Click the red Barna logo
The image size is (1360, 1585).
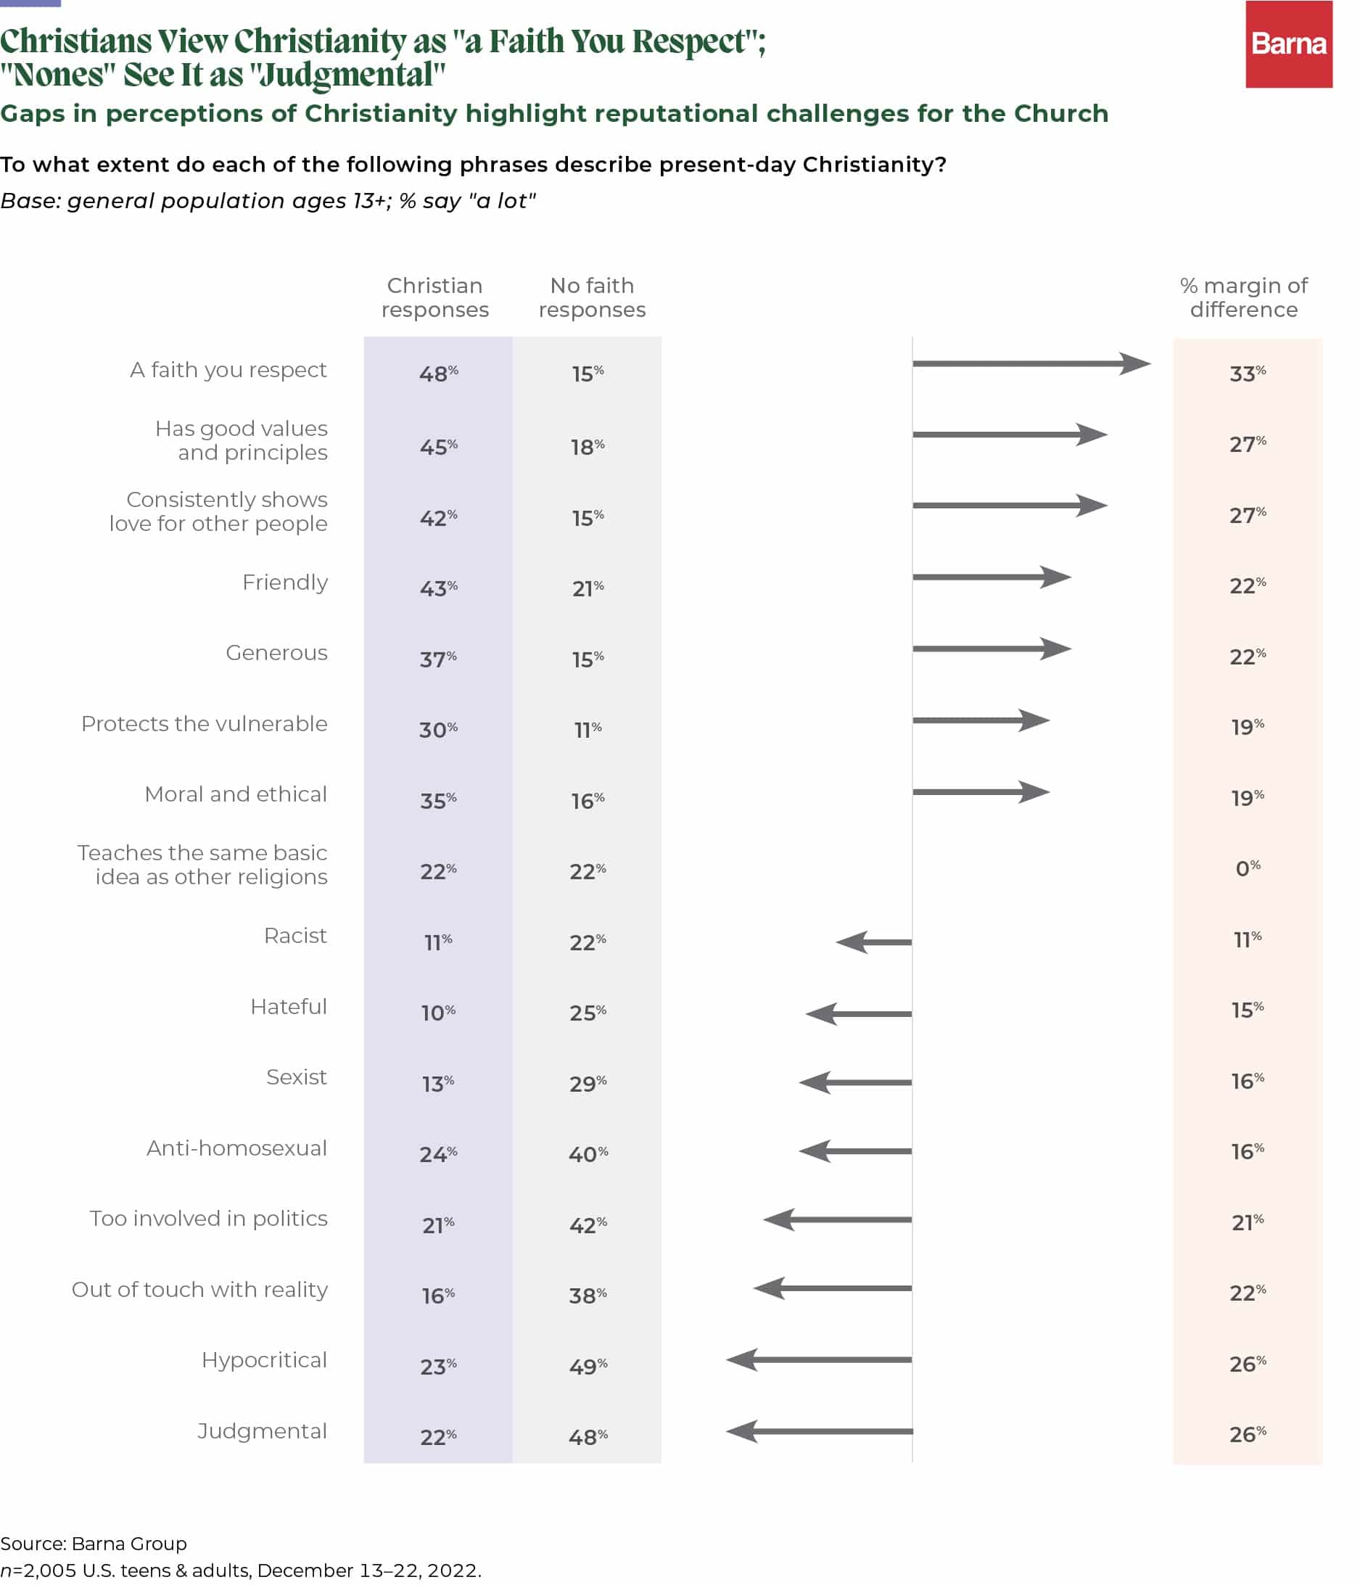pyautogui.click(x=1288, y=44)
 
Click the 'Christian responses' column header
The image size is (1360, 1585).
pyautogui.click(x=434, y=297)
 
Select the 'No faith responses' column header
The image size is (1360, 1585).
pyautogui.click(x=591, y=297)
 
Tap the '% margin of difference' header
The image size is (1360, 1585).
pyautogui.click(x=1243, y=297)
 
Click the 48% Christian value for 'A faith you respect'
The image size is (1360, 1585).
pyautogui.click(x=437, y=374)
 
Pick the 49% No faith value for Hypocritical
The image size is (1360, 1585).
pyautogui.click(x=588, y=1366)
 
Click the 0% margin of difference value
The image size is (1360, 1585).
pyautogui.click(x=1247, y=868)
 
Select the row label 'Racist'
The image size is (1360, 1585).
pyautogui.click(x=295, y=936)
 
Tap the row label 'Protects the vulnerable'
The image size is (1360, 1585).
pyautogui.click(x=205, y=724)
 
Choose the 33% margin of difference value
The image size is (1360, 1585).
pyautogui.click(x=1247, y=374)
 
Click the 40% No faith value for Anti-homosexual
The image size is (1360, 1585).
pyautogui.click(x=588, y=1153)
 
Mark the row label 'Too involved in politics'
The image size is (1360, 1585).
pyautogui.click(x=208, y=1219)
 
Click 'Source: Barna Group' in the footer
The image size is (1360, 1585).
pyautogui.click(x=94, y=1543)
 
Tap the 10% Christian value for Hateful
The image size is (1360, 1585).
pyautogui.click(x=437, y=1013)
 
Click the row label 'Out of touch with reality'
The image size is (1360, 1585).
pyautogui.click(x=199, y=1290)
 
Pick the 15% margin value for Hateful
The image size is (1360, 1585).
pyautogui.click(x=1247, y=1010)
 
